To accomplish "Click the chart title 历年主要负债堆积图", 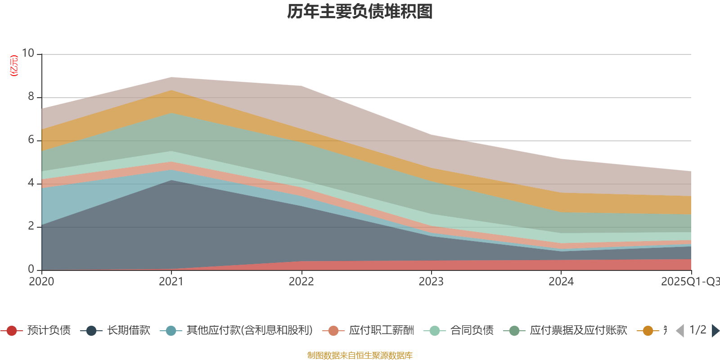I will coord(360,12).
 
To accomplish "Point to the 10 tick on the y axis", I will coord(28,53).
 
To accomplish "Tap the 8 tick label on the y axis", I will coord(31,96).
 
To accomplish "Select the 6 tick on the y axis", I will coord(31,139).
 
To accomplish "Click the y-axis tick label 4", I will coord(31,183).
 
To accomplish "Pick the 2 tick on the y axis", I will coord(31,226).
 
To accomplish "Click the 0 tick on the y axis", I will coord(31,269).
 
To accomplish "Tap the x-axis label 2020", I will coord(41,282).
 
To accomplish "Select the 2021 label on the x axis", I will coord(171,282).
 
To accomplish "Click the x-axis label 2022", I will coord(301,282).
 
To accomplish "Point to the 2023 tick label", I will coord(431,282).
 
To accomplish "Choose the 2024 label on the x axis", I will coord(561,282).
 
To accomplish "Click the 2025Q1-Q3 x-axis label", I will coord(689,282).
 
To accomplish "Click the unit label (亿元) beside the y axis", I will coord(14,66).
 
